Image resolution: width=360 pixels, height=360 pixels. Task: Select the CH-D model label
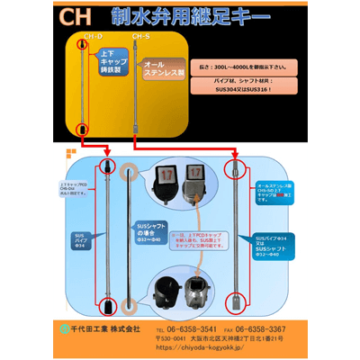(93, 38)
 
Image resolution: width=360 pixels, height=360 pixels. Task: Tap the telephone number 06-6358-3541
(184, 329)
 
